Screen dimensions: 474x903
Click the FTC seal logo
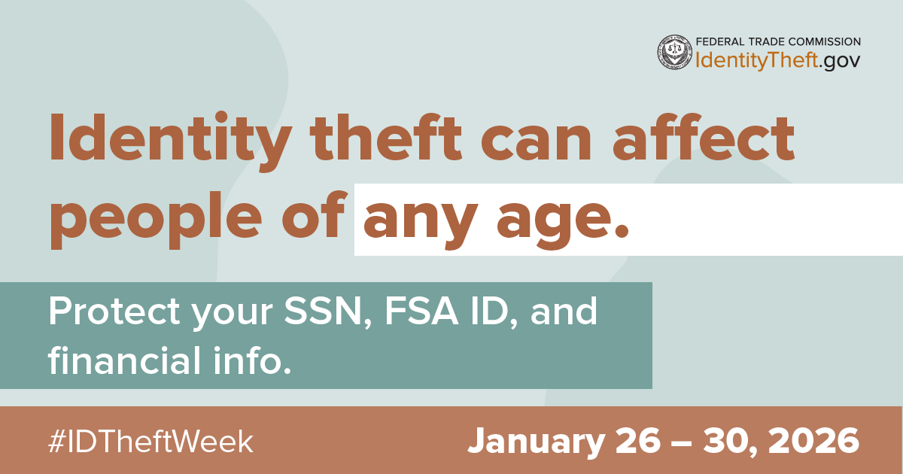(675, 52)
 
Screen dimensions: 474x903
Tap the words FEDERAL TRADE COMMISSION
(778, 42)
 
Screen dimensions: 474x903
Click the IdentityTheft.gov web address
(778, 61)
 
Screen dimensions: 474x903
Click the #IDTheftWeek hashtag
(150, 441)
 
